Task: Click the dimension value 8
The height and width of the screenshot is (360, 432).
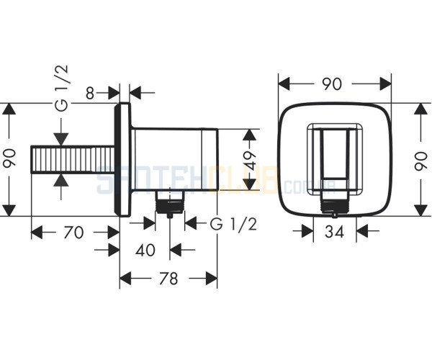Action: coord(90,93)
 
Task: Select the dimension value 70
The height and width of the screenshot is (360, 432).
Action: coord(73,232)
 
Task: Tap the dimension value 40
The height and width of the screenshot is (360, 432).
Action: coord(145,250)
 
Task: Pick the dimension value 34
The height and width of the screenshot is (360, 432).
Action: coord(335,231)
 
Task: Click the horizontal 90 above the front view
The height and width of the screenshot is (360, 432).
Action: coord(332,84)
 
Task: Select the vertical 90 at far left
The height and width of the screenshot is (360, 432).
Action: coord(9,158)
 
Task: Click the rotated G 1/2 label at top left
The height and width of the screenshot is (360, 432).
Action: coord(62,88)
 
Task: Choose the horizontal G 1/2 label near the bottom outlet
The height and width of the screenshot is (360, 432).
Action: coord(233,224)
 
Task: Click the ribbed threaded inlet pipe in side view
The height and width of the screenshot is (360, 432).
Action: coord(73,160)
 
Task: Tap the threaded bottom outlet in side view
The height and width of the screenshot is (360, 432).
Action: coord(170,203)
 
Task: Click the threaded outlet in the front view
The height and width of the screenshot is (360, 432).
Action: coord(335,205)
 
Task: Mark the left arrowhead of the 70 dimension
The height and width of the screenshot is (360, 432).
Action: coord(37,232)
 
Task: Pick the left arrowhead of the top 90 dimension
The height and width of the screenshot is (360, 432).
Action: coord(285,84)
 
